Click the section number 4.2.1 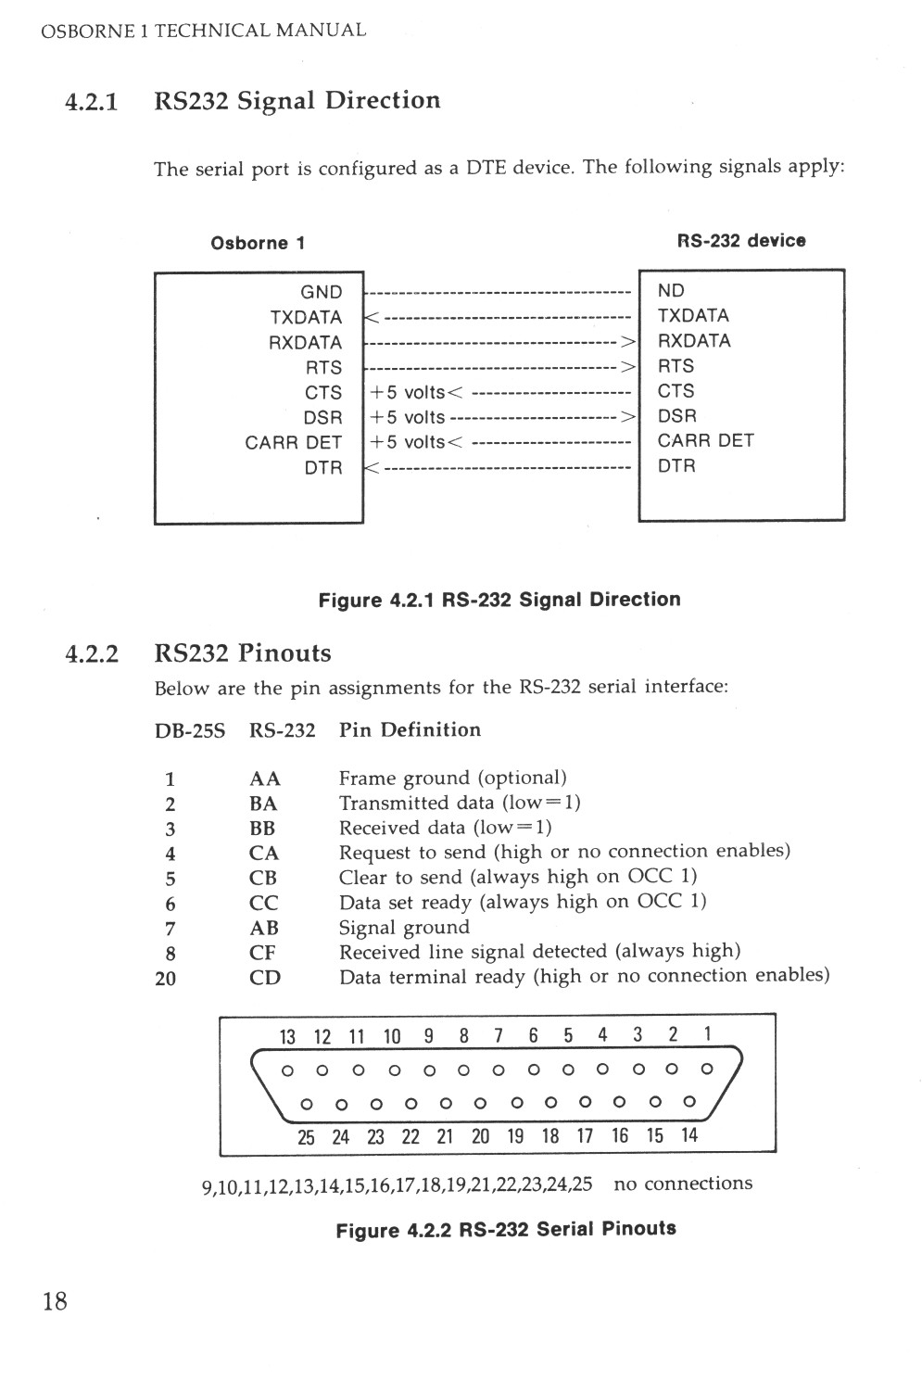92,101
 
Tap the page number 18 55,1301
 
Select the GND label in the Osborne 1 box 321,292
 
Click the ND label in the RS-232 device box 671,291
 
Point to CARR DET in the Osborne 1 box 293,443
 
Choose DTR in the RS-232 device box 676,466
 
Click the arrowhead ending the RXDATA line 628,342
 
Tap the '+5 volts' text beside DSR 408,418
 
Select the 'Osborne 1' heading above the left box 258,244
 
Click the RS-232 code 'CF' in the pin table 263,953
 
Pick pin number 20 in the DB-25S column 165,978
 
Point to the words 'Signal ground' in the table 404,928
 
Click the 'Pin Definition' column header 410,730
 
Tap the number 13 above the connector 287,1036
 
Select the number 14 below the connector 688,1135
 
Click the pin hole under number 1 707,1070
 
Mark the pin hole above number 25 306,1104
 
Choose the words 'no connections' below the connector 683,1184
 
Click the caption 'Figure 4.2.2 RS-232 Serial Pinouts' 505,1230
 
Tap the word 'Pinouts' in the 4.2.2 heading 284,653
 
